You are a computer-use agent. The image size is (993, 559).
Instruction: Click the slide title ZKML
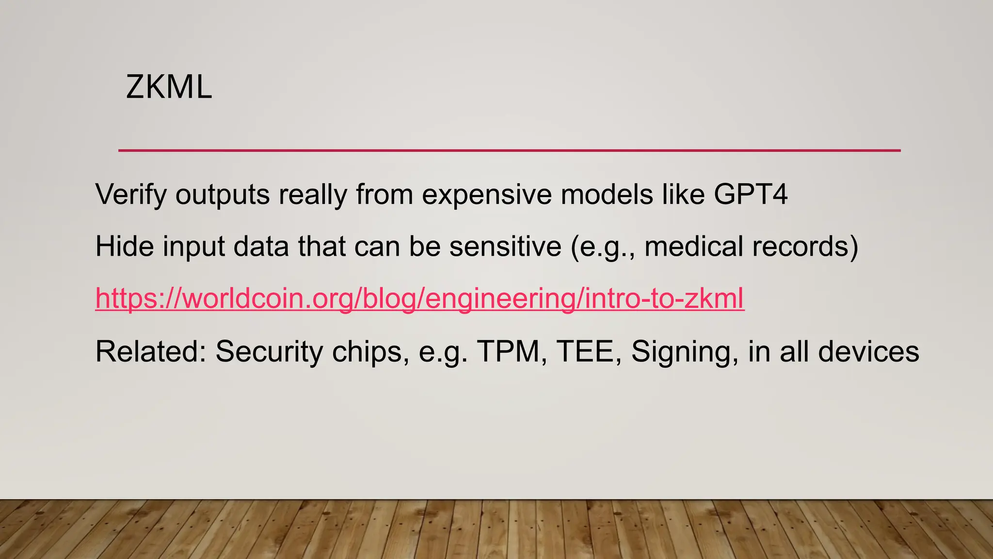pyautogui.click(x=169, y=87)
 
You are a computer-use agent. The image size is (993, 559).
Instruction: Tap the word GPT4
pyautogui.click(x=751, y=195)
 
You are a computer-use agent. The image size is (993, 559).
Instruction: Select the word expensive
pyautogui.click(x=487, y=195)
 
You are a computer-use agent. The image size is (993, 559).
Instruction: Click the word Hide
pyautogui.click(x=125, y=247)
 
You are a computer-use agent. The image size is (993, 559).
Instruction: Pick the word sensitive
pyautogui.click(x=505, y=247)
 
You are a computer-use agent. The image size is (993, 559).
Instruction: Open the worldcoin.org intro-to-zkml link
pyautogui.click(x=419, y=298)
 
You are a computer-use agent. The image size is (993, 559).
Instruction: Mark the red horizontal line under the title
pyautogui.click(x=509, y=150)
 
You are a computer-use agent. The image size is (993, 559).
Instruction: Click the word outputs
pyautogui.click(x=223, y=195)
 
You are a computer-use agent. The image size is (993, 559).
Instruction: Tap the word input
pyautogui.click(x=193, y=247)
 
